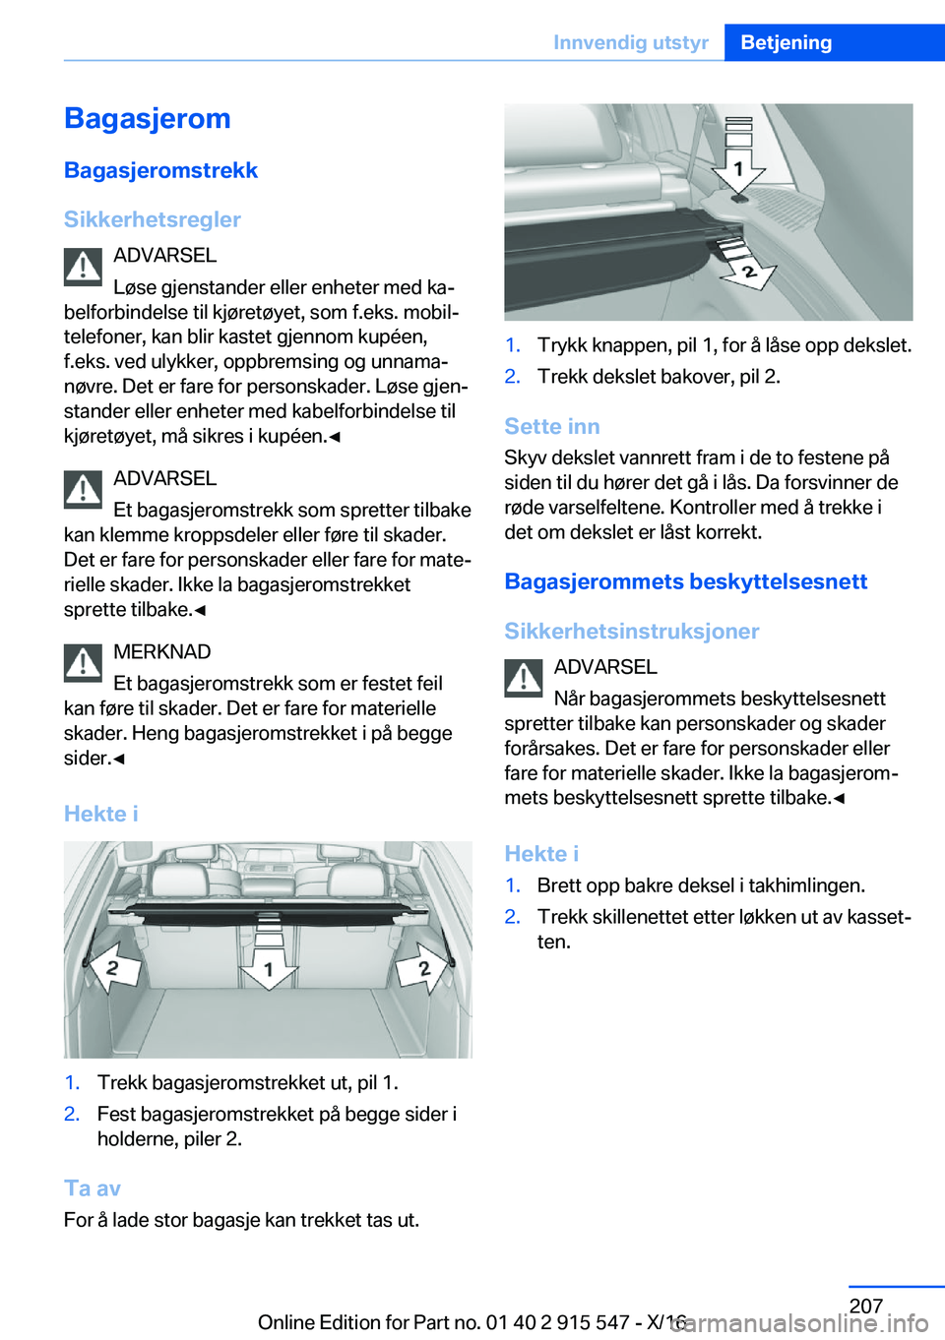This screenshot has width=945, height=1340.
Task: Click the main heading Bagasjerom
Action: tap(148, 119)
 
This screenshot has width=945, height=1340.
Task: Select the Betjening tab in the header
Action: tap(786, 42)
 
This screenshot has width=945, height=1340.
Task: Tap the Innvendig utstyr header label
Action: tap(630, 42)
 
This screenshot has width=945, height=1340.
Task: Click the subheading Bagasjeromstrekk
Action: tap(160, 170)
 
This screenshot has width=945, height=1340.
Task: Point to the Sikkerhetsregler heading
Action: tap(153, 219)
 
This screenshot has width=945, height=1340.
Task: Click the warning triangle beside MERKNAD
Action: tap(84, 663)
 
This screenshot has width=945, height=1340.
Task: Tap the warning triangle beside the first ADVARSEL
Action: tap(84, 267)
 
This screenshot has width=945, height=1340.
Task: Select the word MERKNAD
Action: tap(162, 651)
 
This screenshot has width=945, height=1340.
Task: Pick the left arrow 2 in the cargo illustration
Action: tap(114, 967)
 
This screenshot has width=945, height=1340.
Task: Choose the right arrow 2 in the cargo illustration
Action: tap(422, 967)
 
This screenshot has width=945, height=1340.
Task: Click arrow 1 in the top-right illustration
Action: tap(737, 168)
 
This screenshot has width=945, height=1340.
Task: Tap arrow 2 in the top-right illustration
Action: tap(748, 270)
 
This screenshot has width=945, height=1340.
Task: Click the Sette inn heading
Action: tap(552, 426)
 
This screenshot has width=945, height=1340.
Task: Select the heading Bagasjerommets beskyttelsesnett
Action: tap(686, 581)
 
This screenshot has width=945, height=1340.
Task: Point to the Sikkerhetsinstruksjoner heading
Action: tap(632, 631)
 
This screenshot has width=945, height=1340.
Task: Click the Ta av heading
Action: tap(93, 1188)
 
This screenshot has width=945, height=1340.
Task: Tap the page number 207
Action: tap(866, 1306)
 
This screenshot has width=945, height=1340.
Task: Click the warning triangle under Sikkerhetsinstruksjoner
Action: tap(524, 679)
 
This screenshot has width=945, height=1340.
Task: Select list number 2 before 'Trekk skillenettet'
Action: tap(513, 917)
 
